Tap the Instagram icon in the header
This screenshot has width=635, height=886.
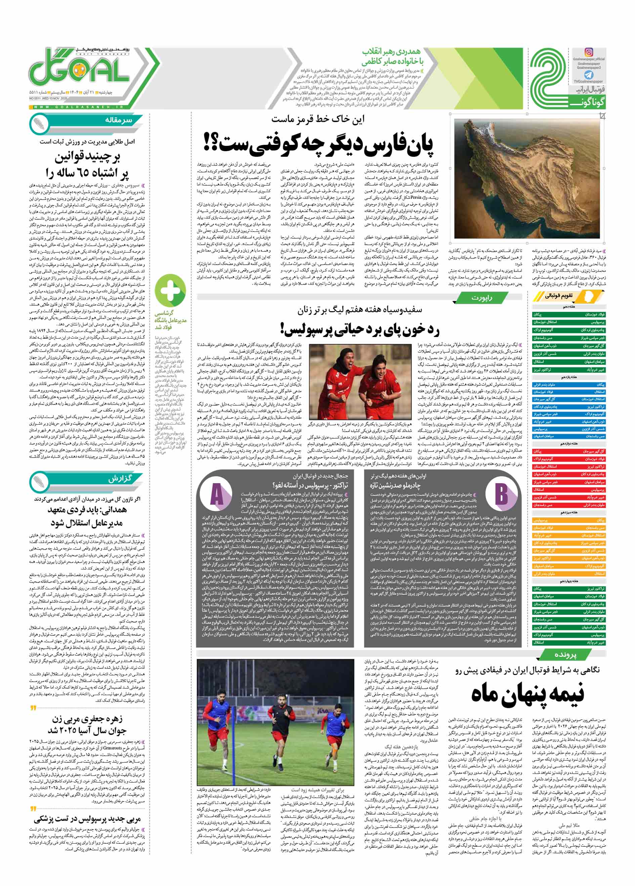tap(589, 52)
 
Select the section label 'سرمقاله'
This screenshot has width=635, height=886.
tap(118, 120)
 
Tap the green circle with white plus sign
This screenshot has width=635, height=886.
tap(170, 290)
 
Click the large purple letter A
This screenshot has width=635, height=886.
tap(217, 495)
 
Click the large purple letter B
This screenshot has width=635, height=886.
tap(501, 493)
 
